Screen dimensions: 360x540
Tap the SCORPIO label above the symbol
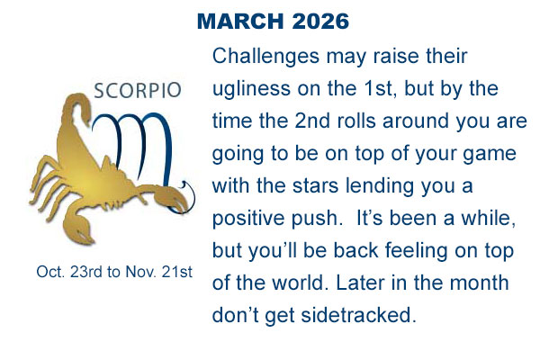tap(138, 90)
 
